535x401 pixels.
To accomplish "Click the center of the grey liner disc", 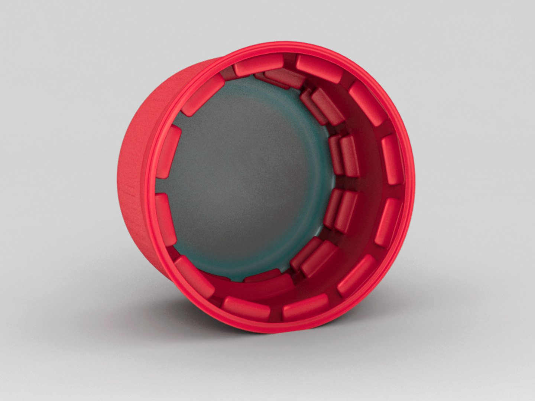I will coord(245,178).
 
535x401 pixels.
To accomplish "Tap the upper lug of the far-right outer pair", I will coord(392,160).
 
